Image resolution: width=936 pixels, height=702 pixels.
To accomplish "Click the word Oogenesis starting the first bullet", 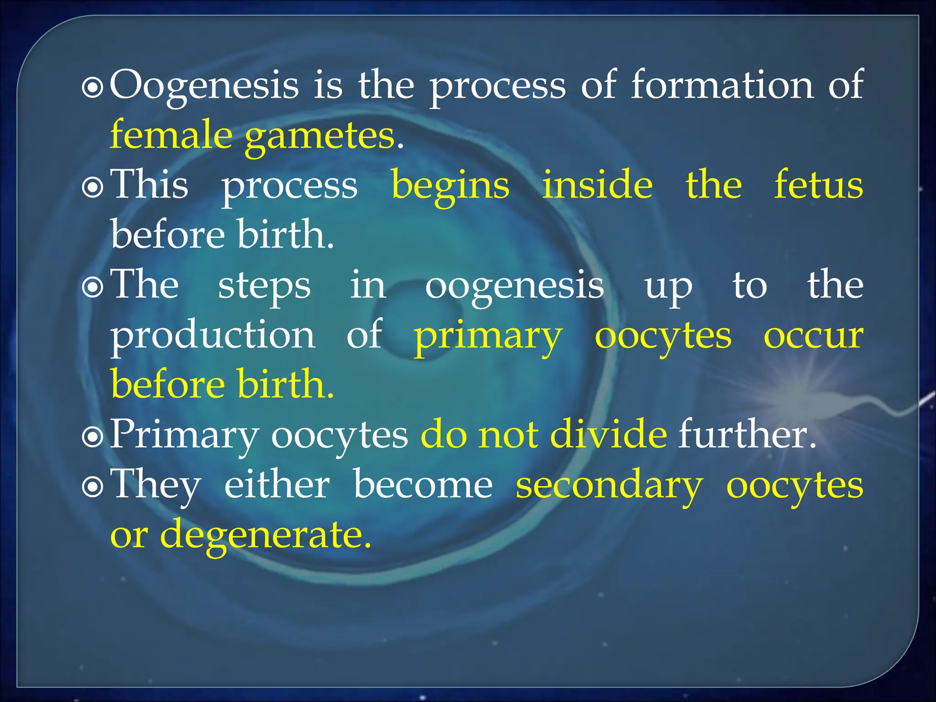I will (x=204, y=86).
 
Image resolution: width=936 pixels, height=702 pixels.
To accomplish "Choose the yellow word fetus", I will (x=818, y=185).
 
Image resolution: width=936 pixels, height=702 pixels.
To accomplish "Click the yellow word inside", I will (x=597, y=185).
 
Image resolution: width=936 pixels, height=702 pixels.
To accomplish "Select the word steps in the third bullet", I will (x=264, y=286).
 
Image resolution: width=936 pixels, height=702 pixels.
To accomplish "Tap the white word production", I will (x=213, y=335).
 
